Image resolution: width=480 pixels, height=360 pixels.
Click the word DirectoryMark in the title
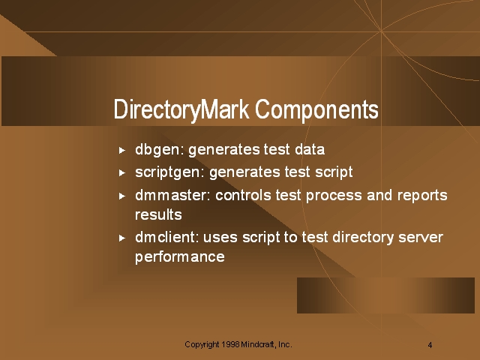tap(181, 110)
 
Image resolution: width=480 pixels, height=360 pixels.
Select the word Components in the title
tap(316, 109)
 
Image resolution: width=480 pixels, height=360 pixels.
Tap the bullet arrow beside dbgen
tap(121, 150)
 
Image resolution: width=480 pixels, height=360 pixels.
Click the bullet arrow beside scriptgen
tap(121, 173)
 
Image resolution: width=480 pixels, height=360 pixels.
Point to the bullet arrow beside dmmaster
tap(121, 196)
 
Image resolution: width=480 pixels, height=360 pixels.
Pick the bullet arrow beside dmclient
tap(121, 238)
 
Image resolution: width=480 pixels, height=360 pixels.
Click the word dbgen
tap(158, 151)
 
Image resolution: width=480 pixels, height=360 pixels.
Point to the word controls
tap(243, 195)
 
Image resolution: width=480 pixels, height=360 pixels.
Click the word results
tap(158, 214)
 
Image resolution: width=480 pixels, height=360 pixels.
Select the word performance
tap(180, 257)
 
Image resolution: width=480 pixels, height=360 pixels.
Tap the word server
tap(421, 238)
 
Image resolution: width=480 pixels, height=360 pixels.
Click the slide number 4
tap(430, 345)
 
